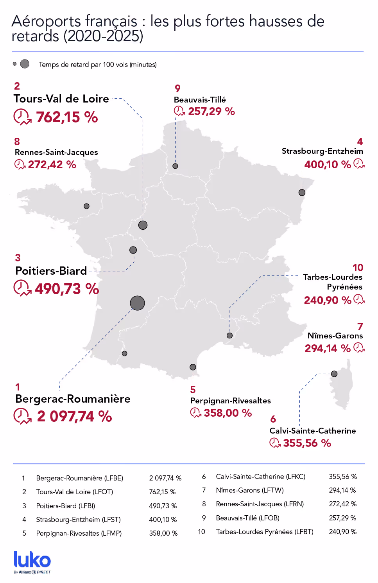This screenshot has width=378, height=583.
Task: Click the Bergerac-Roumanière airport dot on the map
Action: pyautogui.click(x=137, y=303)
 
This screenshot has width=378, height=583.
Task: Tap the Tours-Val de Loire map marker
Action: pyautogui.click(x=143, y=225)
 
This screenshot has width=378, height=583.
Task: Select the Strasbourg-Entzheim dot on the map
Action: pyautogui.click(x=302, y=193)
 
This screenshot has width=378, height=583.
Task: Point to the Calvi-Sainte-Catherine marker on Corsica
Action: pyautogui.click(x=334, y=374)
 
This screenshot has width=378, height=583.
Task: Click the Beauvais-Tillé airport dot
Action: pyautogui.click(x=176, y=166)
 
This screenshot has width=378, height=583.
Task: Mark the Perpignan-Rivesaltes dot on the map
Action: pyautogui.click(x=193, y=367)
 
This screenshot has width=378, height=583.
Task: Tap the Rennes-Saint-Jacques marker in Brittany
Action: pyautogui.click(x=87, y=206)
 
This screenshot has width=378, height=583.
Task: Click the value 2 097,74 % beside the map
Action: pyautogui.click(x=74, y=416)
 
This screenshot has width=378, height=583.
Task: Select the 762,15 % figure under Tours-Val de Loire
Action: pyautogui.click(x=67, y=117)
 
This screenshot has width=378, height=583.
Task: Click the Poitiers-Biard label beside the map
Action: pyautogui.click(x=51, y=271)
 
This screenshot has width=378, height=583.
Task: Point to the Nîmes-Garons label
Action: pyautogui.click(x=335, y=336)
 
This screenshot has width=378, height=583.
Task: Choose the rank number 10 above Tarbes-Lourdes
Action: pyautogui.click(x=358, y=268)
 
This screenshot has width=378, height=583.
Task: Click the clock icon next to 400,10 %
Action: pyautogui.click(x=359, y=164)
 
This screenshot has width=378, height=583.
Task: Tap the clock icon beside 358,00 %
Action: pyautogui.click(x=195, y=412)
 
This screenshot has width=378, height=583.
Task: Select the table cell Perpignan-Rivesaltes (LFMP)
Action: pyautogui.click(x=79, y=533)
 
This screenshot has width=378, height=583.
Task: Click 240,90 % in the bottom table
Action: pyautogui.click(x=342, y=532)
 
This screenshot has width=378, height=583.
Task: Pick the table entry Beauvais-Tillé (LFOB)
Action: pyautogui.click(x=247, y=518)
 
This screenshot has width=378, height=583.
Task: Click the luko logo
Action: pyautogui.click(x=32, y=561)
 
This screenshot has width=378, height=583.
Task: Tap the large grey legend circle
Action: pyautogui.click(x=25, y=64)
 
